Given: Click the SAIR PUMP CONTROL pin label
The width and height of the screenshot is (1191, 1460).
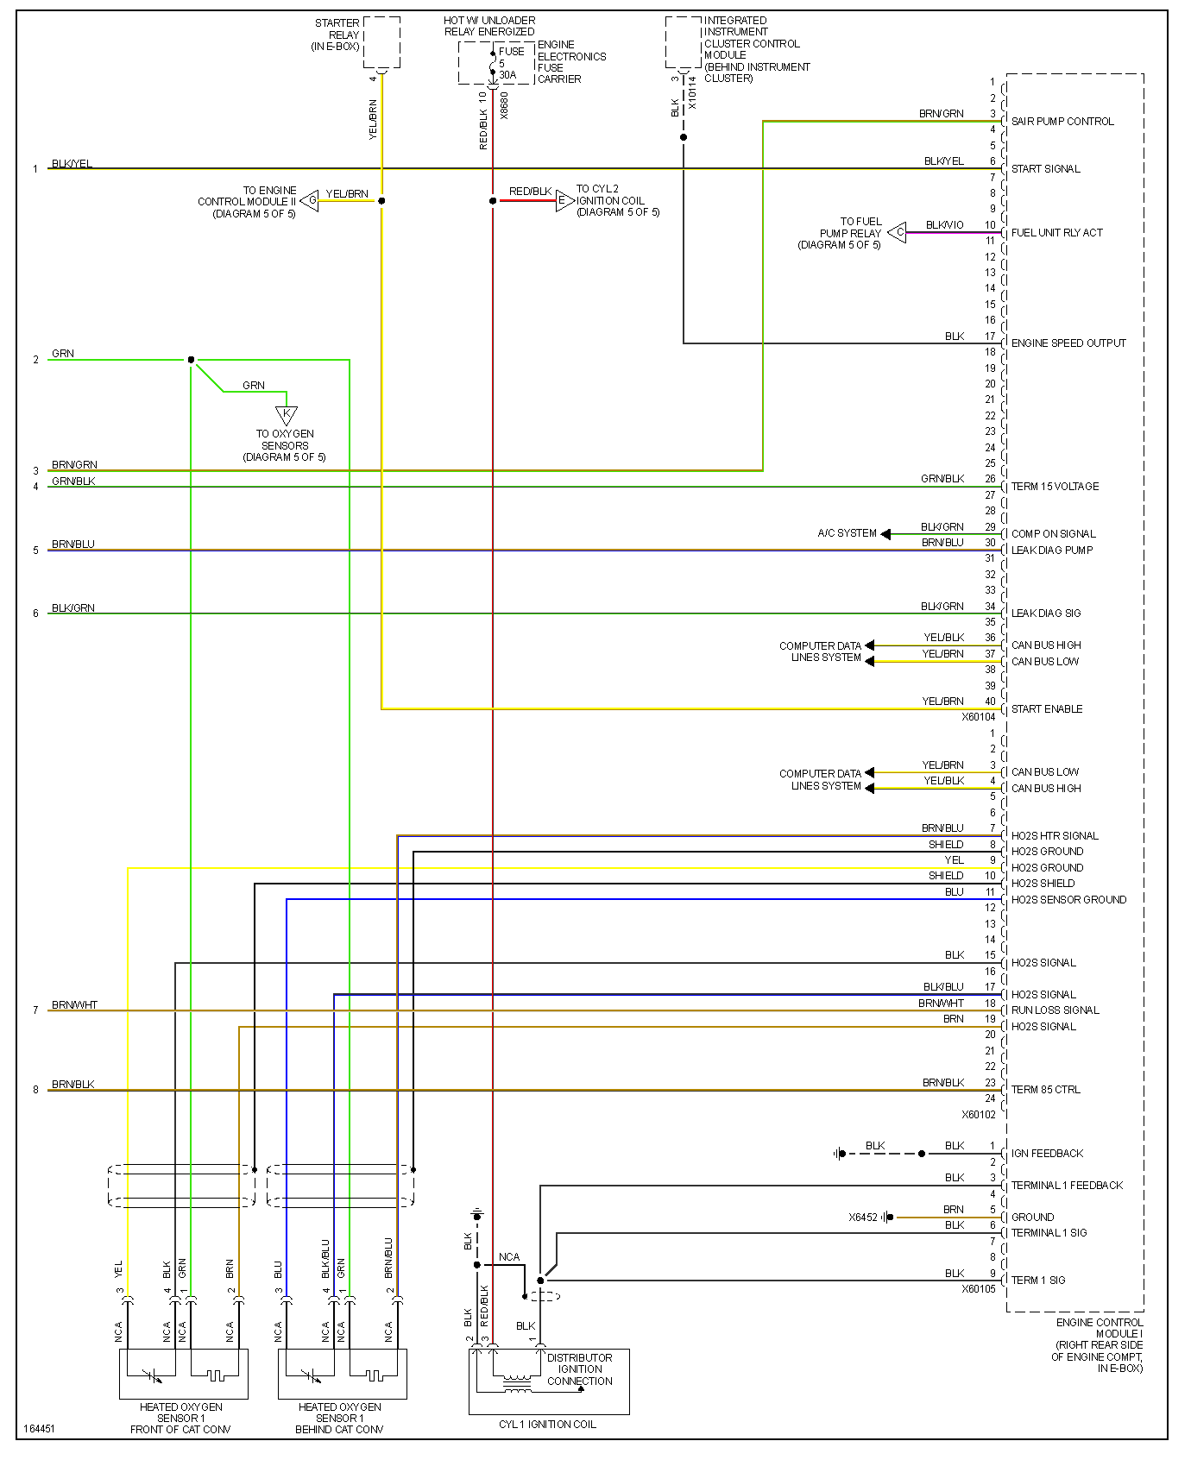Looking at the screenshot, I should click(x=1062, y=122).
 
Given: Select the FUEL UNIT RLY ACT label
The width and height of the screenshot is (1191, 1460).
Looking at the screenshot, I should click(x=1056, y=233).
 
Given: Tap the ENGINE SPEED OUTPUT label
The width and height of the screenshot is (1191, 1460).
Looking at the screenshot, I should click(x=1068, y=343).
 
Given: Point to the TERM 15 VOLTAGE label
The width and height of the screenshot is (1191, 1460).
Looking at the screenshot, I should click(x=1055, y=487).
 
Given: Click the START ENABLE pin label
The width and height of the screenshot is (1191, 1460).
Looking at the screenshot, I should click(x=1046, y=709).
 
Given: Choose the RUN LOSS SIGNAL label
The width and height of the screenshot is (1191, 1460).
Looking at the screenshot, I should click(x=1055, y=1010).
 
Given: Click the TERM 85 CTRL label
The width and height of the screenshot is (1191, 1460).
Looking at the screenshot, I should click(x=1045, y=1090).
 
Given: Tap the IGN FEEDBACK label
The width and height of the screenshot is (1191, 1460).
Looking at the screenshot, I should click(x=1046, y=1154).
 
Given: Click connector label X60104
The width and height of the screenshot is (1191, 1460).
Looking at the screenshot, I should click(x=979, y=717).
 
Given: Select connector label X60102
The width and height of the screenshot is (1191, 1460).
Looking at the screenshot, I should click(x=979, y=1115).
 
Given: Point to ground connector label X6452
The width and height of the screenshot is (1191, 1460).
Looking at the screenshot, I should click(x=862, y=1218).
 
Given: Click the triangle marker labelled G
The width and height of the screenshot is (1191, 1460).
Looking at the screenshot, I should click(x=310, y=201).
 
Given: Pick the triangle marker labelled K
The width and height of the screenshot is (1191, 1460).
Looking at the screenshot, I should click(x=287, y=414).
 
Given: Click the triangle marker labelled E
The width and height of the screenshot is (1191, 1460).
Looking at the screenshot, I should click(x=564, y=201).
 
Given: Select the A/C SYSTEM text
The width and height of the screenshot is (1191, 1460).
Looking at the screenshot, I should click(x=847, y=533).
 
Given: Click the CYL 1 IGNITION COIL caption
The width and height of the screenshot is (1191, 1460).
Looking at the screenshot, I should click(x=547, y=1424).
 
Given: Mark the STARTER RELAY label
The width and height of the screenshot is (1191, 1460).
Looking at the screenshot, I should click(x=337, y=35).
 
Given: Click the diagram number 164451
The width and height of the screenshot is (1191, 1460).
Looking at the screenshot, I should click(x=40, y=1428).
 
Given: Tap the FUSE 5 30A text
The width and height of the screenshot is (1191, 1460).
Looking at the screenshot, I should click(x=510, y=63).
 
